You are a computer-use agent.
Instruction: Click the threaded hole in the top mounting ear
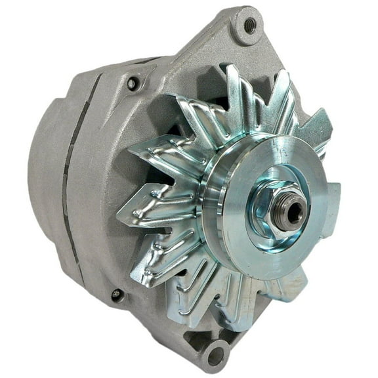point(250,26)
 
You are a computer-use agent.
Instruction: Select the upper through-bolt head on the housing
point(133,83)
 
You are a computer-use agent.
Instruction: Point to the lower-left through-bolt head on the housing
point(117,295)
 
